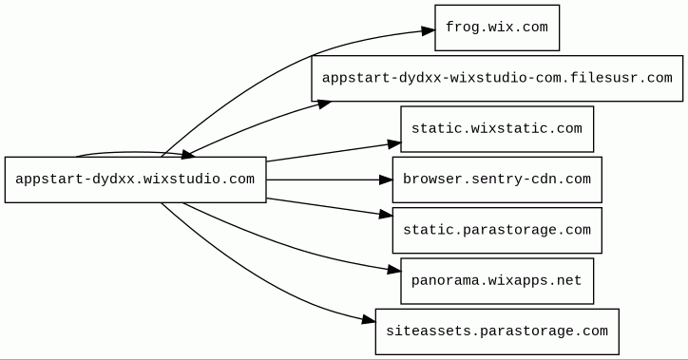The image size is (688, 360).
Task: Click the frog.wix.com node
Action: (497, 28)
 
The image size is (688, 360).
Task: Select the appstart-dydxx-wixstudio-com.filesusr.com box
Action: (497, 79)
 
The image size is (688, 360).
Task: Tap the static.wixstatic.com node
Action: (497, 129)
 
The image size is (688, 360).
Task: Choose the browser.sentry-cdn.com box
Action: (497, 180)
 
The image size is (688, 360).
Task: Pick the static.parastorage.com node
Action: (497, 230)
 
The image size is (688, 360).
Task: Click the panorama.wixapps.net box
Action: (497, 281)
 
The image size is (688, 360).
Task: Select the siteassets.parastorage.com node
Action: (497, 332)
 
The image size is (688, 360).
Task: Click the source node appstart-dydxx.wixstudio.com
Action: (136, 180)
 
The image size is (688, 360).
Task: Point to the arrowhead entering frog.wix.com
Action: (429, 30)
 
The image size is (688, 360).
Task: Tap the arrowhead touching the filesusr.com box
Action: (324, 104)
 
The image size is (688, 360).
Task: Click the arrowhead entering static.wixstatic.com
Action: (394, 143)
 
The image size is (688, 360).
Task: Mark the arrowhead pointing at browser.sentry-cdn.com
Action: (385, 180)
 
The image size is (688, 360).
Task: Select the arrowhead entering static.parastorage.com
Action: (386, 214)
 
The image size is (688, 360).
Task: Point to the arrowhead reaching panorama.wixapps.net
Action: (394, 270)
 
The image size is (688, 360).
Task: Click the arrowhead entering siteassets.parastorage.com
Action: (369, 320)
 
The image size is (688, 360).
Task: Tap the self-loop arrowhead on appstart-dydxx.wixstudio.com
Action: (188, 154)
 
